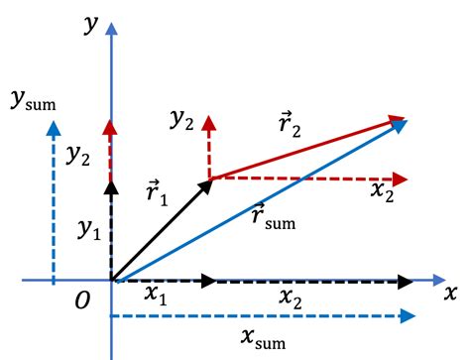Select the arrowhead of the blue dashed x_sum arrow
tap(405, 317)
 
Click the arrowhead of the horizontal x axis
tap(436, 281)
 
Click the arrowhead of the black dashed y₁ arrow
tap(111, 184)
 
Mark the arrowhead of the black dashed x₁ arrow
tap(208, 281)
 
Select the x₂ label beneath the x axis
tap(292, 297)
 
